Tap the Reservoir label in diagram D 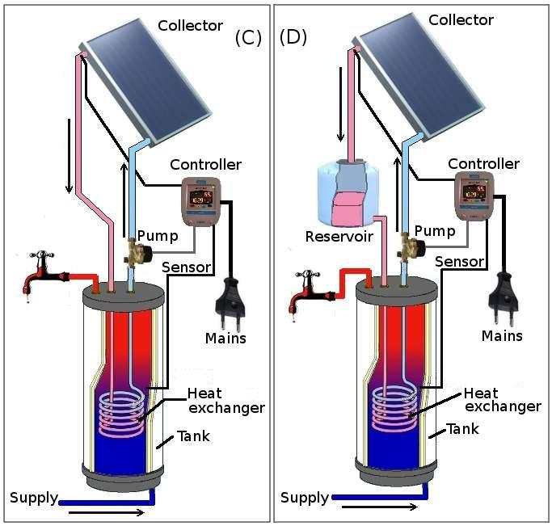coord(338,237)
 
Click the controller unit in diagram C coord(200,201)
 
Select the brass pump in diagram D coord(407,246)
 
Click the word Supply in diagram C coord(34,497)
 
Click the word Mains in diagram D coord(502,335)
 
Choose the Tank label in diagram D coord(463,429)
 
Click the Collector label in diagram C coord(190,25)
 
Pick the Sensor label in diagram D coord(460,261)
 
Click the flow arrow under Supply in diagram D coord(379,507)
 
